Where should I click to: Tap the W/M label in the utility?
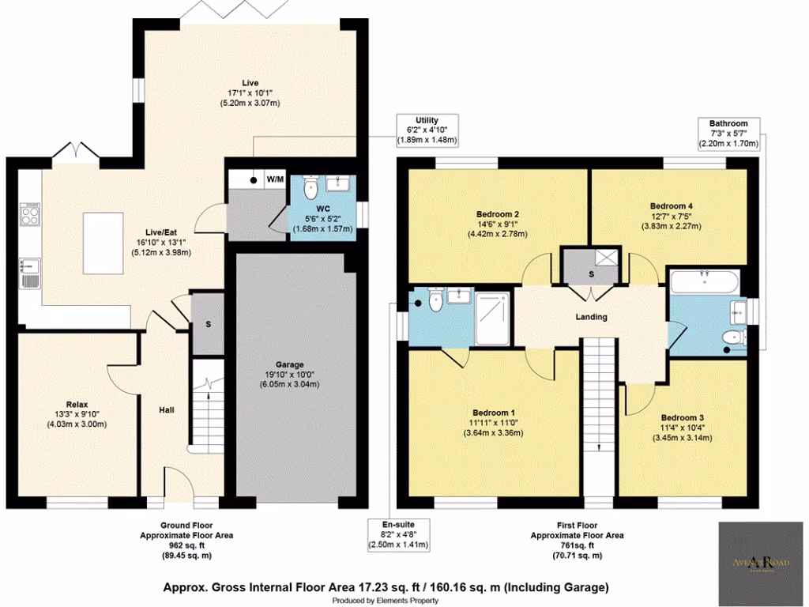(x=274, y=179)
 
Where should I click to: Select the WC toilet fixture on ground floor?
(x=311, y=187)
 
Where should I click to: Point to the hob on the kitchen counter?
(x=31, y=213)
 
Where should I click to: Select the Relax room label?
(x=75, y=402)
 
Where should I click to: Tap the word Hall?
(x=166, y=410)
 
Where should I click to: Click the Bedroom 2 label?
(x=497, y=214)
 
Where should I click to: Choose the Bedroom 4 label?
(x=672, y=206)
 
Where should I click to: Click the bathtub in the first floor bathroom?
(x=703, y=280)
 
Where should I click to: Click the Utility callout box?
(x=427, y=130)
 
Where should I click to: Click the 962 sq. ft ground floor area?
(x=182, y=545)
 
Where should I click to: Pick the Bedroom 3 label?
(x=683, y=417)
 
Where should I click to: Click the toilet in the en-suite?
(x=432, y=301)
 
